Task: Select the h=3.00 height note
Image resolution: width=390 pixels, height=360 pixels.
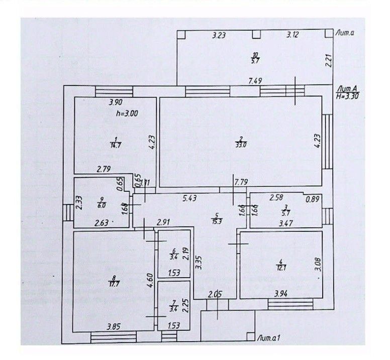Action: click(127, 113)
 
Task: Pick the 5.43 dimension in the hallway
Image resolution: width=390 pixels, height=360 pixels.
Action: click(189, 198)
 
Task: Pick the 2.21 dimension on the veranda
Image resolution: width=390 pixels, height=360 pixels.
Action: click(328, 61)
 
